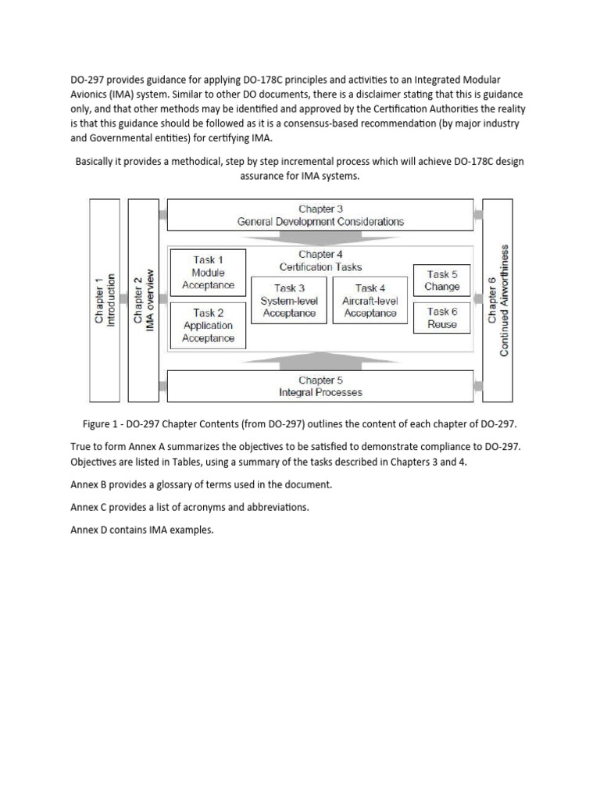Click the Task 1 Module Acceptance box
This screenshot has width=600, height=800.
tap(208, 273)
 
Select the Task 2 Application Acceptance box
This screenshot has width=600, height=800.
tap(208, 325)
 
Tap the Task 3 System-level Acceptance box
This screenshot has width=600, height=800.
tap(289, 301)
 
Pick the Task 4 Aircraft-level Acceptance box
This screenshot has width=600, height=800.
tap(370, 301)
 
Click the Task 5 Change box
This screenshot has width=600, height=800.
tap(442, 280)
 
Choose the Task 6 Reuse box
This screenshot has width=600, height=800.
tap(442, 318)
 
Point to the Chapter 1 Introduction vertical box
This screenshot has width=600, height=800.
tap(105, 301)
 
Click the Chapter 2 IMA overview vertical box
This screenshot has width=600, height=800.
tap(143, 301)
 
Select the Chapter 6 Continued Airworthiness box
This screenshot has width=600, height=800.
tap(497, 301)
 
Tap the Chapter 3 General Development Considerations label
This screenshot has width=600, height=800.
tap(320, 215)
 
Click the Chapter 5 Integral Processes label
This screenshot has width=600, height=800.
tap(320, 386)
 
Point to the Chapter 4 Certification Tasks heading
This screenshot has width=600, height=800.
tap(320, 260)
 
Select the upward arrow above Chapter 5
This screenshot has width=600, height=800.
tap(320, 360)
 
